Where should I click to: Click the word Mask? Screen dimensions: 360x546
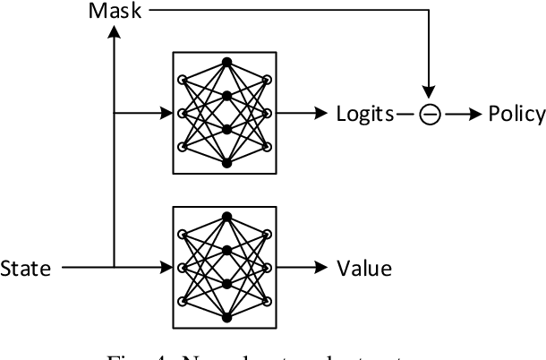118,13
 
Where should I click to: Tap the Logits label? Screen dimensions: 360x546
364,114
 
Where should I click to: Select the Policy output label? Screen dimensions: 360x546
516,114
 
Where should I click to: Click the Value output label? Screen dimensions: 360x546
363,267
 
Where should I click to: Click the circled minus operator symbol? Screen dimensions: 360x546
431,115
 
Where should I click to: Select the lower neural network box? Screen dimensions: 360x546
226,266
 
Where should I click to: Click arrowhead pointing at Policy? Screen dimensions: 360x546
474,114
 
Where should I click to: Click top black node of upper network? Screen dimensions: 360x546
226,62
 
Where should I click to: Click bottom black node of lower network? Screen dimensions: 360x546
226,317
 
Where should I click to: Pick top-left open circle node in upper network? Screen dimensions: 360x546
182,80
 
